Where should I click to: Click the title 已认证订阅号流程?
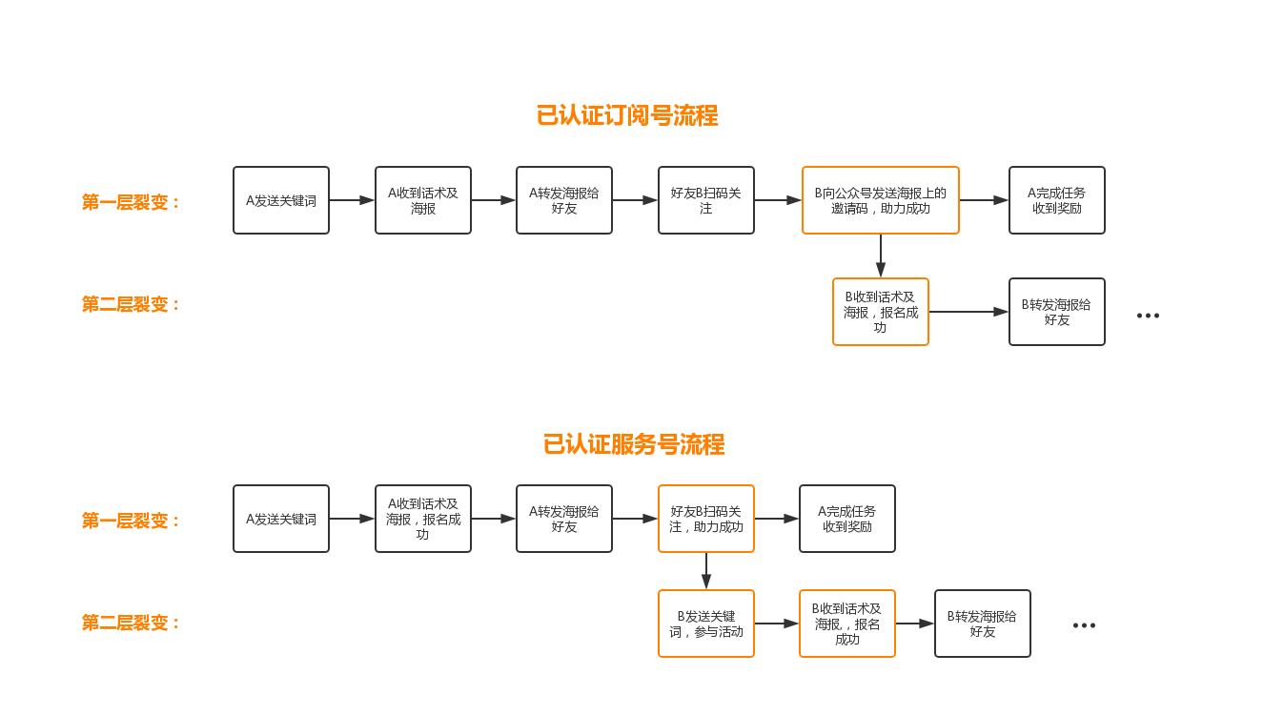626,115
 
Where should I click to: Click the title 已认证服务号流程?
633,444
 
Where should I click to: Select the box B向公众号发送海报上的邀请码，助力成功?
880,200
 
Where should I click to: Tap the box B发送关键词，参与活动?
705,624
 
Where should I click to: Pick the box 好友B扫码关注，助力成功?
705,519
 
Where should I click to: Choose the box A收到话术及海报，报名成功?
422,519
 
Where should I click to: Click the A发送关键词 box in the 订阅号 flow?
280,200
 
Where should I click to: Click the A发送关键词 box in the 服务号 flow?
280,519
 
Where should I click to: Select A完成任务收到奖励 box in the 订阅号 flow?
1056,200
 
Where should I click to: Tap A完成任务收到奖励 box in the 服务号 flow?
846,519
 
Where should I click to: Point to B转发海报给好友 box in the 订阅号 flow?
1056,312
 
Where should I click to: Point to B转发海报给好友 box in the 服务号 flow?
982,624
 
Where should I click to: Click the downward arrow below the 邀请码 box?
880,256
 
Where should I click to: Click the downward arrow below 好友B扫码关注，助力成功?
705,571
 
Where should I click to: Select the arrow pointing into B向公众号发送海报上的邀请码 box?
778,200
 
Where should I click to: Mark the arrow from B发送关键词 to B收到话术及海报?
776,624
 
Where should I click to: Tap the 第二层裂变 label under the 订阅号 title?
131,304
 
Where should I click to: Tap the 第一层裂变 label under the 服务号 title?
131,521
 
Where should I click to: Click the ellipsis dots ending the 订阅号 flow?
1148,316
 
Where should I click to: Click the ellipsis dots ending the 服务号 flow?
1084,625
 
